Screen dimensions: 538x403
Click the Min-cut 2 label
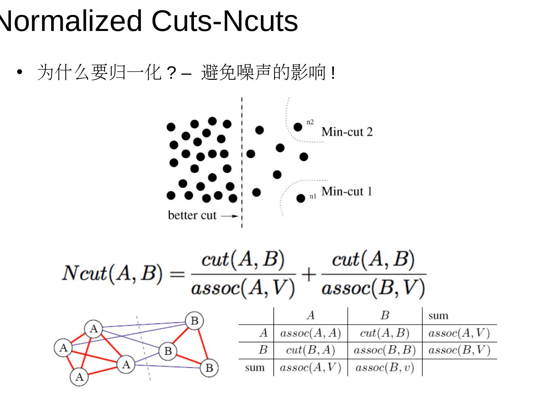[x=347, y=132]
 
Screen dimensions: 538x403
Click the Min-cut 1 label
[x=347, y=191]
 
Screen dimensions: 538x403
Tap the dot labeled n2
[x=298, y=127]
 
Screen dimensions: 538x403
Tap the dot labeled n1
[x=300, y=198]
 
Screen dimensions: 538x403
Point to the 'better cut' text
[x=192, y=215]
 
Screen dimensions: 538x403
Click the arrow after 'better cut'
[x=229, y=216]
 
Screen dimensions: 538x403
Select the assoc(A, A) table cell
[x=310, y=333]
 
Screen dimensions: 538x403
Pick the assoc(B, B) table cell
[x=384, y=350]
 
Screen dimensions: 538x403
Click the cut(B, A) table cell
[x=310, y=350]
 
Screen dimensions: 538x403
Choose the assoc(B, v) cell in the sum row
[x=384, y=368]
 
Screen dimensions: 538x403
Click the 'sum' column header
[x=438, y=316]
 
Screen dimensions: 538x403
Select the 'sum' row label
[x=255, y=368]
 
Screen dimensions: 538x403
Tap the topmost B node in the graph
[x=194, y=321]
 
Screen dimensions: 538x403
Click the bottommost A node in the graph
[x=79, y=377]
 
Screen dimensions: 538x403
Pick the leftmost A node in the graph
[x=63, y=348]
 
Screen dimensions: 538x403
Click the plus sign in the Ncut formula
[x=309, y=274]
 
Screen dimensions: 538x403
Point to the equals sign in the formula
[x=177, y=274]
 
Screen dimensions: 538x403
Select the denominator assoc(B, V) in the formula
[x=373, y=288]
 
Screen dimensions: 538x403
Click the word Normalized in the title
[x=71, y=21]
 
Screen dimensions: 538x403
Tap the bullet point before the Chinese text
[x=20, y=72]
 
